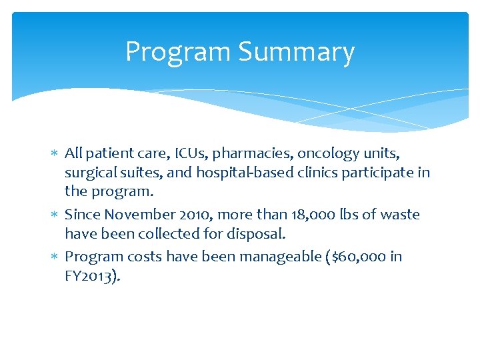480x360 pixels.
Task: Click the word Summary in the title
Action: (297, 53)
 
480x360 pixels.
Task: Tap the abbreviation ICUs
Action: (190, 153)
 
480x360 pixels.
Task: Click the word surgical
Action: (89, 173)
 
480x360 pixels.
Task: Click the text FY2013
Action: (91, 277)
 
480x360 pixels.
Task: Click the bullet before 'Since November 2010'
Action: (55, 215)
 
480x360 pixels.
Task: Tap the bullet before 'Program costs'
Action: (55, 257)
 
